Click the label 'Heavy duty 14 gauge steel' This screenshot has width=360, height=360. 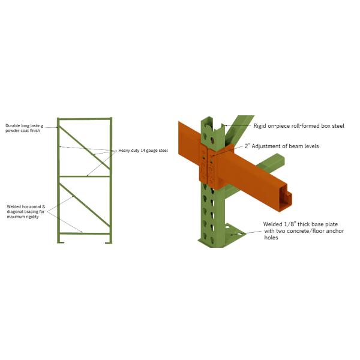click(x=143, y=151)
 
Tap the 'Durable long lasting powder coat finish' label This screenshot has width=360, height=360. click(x=24, y=128)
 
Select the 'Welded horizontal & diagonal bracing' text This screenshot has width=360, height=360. click(x=26, y=212)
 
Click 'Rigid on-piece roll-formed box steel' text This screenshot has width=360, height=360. click(x=299, y=126)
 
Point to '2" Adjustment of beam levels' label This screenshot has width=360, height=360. click(x=281, y=146)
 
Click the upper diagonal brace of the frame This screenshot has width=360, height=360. click(x=85, y=148)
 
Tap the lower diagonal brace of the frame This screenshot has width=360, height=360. click(x=85, y=205)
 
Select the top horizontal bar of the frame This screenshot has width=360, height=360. click(x=85, y=119)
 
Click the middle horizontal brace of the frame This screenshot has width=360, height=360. click(x=85, y=176)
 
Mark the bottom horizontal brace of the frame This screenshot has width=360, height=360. click(x=85, y=234)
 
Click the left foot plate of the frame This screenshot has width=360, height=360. click(x=61, y=242)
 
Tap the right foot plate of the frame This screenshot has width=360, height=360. click(x=109, y=242)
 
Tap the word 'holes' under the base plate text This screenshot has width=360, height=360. click(x=271, y=238)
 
